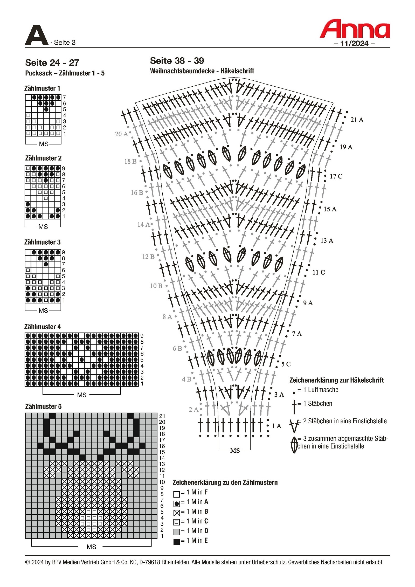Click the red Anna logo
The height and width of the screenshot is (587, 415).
pos(354,29)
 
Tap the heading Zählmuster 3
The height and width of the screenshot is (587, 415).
pos(42,242)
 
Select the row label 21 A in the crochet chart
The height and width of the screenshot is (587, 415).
pos(357,120)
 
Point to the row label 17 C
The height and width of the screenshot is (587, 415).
pos(336,176)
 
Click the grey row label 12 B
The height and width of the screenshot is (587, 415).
pos(148,257)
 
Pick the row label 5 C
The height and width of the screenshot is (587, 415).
pos(286,364)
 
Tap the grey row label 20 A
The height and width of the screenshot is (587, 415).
pos(121,134)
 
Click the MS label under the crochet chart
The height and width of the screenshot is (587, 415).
pos(235,451)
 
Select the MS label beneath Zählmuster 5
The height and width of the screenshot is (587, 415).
pos(91,547)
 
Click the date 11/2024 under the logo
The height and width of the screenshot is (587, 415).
pos(354,44)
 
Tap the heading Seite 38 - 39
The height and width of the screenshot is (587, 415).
pos(177,61)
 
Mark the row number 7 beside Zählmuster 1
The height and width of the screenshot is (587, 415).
pos(64,98)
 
